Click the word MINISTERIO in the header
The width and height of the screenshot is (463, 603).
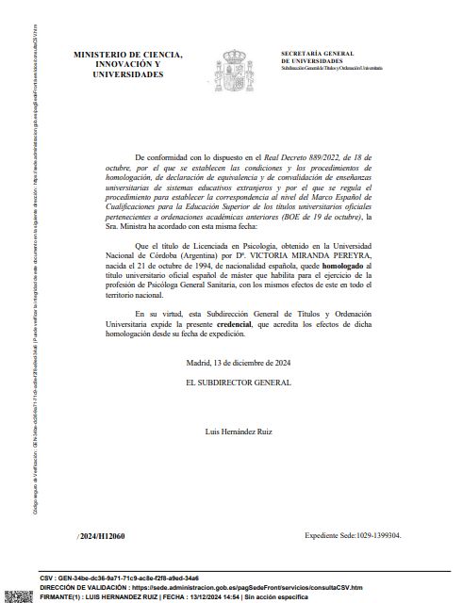[102, 55]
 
